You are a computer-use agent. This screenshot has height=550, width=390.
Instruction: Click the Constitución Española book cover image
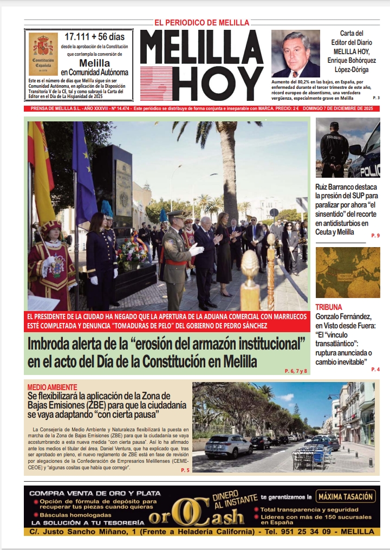tap(44, 54)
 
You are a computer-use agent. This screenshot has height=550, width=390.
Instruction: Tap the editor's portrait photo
tap(296, 54)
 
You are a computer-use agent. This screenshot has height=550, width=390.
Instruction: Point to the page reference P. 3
tap(376, 98)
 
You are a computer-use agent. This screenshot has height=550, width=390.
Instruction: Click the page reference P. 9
tap(375, 235)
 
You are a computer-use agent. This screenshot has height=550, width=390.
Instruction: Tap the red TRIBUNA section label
tap(329, 307)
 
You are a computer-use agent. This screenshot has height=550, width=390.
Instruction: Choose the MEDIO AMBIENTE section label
tap(52, 387)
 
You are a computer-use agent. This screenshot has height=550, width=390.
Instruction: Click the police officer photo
tap(347, 148)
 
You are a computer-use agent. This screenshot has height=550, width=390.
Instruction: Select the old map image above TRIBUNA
tap(347, 273)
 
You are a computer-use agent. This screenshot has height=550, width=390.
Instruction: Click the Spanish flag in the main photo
tap(41, 168)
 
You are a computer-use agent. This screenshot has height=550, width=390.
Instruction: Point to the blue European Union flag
tap(84, 173)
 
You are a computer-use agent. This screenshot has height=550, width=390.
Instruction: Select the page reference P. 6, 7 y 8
tap(295, 371)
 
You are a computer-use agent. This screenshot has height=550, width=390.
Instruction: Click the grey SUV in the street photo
tap(229, 446)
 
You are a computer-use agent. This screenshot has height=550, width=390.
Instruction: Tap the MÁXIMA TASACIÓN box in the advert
tap(346, 496)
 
